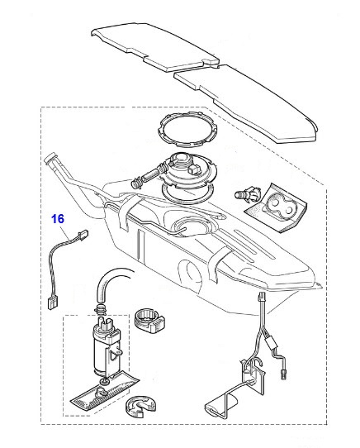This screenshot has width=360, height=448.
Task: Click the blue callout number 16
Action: click(58, 219)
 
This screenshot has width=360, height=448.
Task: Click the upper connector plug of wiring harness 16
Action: click(83, 234)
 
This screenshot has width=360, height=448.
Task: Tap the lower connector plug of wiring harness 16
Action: click(52, 303)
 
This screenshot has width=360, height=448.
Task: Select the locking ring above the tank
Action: click(187, 130)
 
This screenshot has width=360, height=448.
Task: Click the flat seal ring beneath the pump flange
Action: click(188, 192)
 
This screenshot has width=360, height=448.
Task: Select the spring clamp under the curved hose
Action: click(99, 309)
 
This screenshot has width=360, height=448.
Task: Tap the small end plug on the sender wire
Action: click(283, 373)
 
